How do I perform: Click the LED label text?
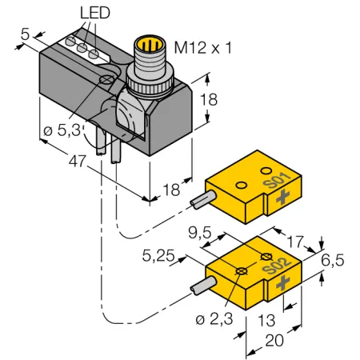[x=95, y=13]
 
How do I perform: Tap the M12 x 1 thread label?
[x=203, y=48]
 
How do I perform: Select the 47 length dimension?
[x=78, y=161]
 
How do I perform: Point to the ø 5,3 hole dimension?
[x=62, y=130]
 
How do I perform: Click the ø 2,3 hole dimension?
[x=214, y=318]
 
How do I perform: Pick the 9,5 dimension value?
[x=200, y=233]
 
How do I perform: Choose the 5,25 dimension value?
[x=158, y=256]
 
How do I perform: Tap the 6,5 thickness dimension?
[x=333, y=260]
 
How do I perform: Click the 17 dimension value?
[x=295, y=242]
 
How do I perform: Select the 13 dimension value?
[x=266, y=320]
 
